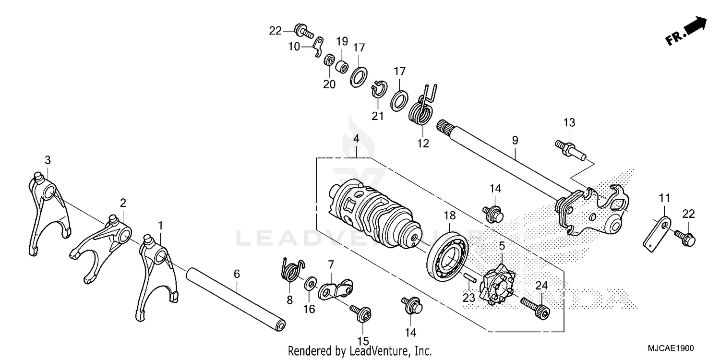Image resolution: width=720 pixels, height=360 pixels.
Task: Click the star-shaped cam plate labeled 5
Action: (x=499, y=286)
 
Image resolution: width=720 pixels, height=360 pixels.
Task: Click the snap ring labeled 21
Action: (x=378, y=90)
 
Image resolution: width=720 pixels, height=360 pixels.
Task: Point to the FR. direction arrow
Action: (x=687, y=31)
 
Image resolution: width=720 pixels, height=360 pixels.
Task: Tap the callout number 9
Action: (x=515, y=141)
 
